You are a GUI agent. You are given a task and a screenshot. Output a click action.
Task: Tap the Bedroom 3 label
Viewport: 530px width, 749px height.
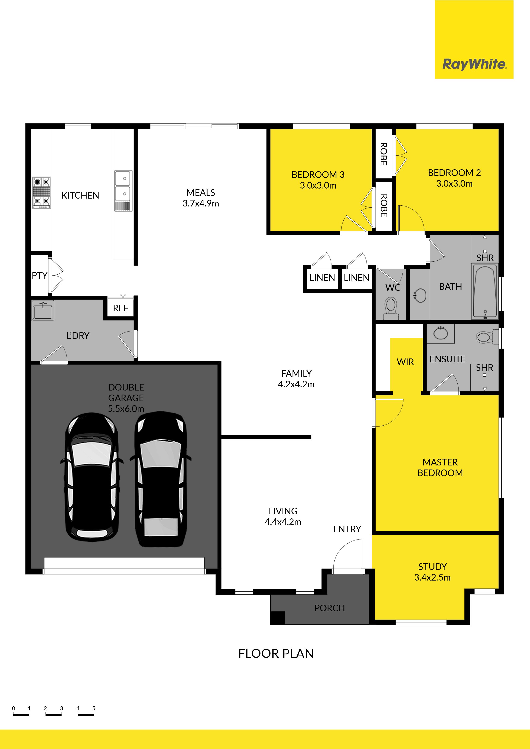(318, 175)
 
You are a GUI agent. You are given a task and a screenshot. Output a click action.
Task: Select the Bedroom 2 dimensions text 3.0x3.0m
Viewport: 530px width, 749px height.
(454, 184)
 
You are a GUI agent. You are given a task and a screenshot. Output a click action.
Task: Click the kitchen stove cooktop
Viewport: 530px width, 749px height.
(41, 193)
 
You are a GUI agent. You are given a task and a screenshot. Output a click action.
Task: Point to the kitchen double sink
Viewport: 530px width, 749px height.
(124, 191)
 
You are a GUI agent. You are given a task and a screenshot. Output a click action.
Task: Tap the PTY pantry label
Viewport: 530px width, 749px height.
(40, 276)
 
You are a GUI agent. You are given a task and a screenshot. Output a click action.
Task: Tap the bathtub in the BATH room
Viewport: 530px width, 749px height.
(485, 291)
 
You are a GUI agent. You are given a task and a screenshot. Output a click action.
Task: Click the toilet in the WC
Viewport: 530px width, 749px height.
(391, 308)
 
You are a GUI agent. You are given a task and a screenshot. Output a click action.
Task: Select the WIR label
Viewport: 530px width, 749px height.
(405, 362)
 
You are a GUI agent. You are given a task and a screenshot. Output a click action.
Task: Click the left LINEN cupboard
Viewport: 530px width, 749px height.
(322, 278)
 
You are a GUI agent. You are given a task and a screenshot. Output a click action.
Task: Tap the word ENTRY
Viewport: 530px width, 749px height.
(347, 529)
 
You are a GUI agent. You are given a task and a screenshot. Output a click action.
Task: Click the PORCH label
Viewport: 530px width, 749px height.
(330, 608)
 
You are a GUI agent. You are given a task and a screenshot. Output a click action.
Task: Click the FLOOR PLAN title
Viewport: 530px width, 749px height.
(276, 653)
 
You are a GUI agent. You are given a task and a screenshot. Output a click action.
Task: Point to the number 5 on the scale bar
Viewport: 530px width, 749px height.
(94, 708)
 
